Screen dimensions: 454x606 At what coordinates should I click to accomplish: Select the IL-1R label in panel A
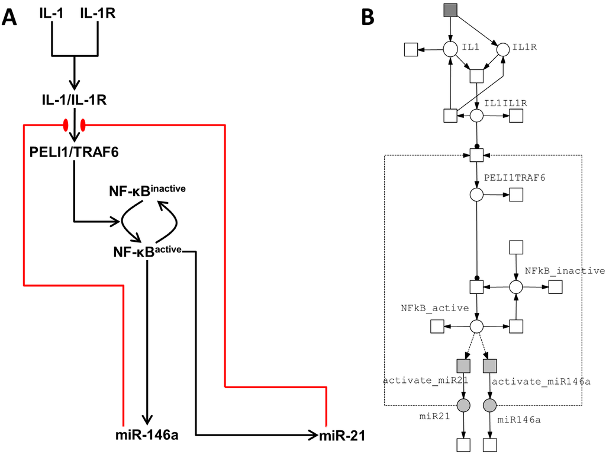[98, 13]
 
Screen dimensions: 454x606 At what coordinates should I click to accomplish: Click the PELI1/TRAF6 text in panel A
[74, 152]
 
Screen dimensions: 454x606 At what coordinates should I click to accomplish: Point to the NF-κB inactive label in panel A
[147, 191]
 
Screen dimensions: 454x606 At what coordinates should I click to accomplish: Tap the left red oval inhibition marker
[66, 125]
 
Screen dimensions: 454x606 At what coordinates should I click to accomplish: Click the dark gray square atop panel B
[451, 10]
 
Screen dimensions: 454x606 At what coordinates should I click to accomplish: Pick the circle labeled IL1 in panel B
[450, 49]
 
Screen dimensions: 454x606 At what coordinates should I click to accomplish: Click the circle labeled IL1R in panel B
[503, 49]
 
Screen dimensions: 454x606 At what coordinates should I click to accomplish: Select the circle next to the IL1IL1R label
[476, 116]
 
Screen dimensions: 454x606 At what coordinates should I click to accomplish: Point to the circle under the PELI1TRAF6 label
[476, 194]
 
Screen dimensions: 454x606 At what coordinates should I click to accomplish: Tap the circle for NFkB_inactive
[516, 287]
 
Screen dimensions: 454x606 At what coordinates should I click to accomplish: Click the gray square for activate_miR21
[463, 366]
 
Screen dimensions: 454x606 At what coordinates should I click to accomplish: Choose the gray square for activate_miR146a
[489, 366]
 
